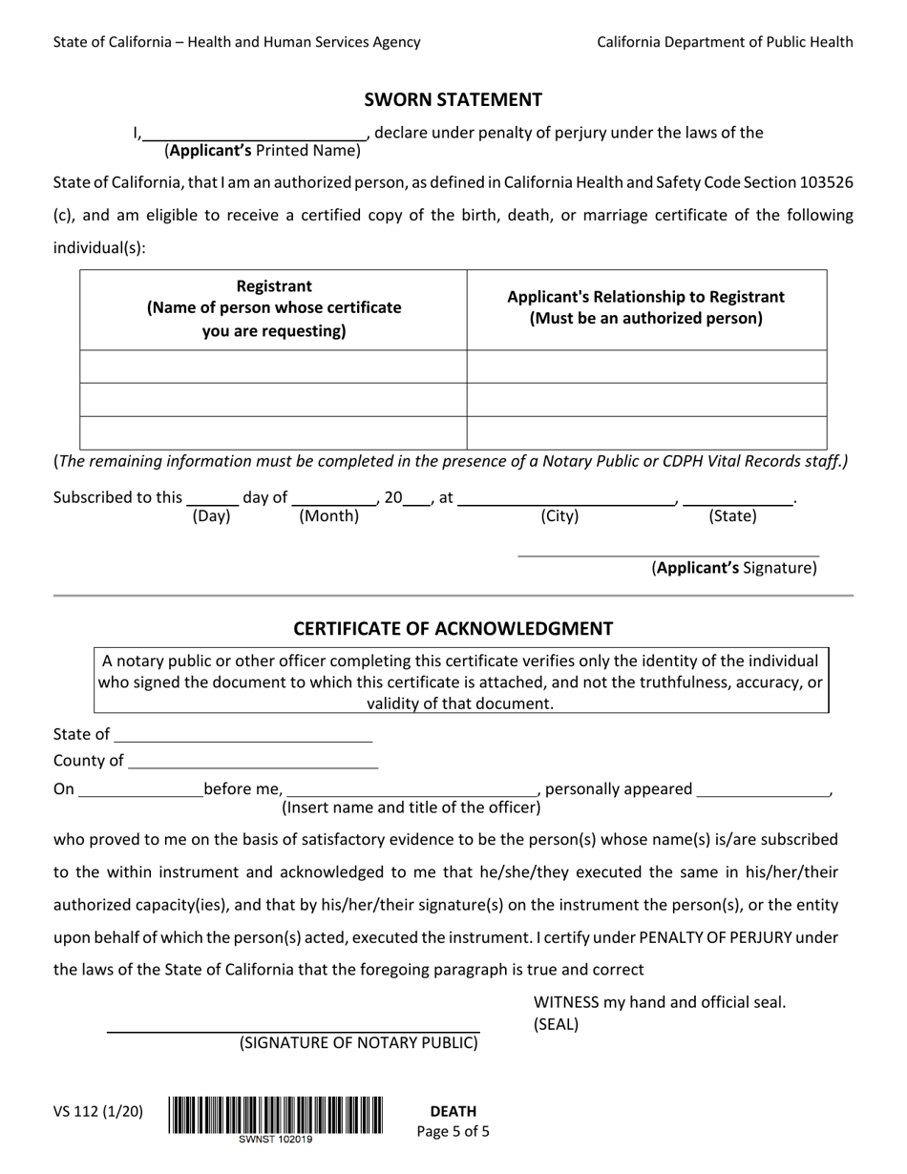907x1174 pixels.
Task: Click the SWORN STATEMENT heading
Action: click(453, 99)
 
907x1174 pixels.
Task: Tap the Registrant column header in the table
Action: click(273, 308)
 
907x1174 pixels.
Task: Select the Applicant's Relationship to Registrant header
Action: click(645, 307)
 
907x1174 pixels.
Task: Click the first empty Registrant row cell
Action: click(273, 367)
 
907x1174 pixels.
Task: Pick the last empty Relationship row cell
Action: click(646, 432)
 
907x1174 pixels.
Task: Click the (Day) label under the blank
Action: click(211, 516)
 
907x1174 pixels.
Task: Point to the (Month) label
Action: click(329, 516)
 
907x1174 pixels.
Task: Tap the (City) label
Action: click(559, 516)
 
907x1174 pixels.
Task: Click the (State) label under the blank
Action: click(732, 516)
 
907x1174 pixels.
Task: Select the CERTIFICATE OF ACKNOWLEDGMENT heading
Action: click(453, 628)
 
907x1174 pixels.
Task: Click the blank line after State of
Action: click(243, 736)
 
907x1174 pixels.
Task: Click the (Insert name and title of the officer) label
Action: click(411, 807)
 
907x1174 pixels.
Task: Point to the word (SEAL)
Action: click(556, 1025)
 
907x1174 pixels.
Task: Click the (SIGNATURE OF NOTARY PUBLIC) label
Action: click(358, 1042)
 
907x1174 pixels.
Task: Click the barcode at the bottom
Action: click(276, 1115)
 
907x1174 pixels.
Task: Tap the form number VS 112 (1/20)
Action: click(98, 1111)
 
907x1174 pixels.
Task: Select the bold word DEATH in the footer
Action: click(453, 1111)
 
